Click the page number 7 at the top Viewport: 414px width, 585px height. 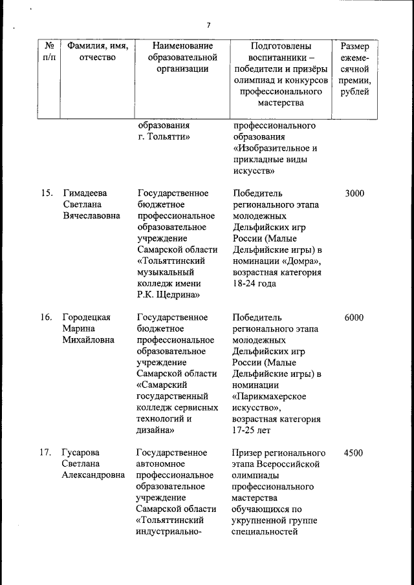pos(208,25)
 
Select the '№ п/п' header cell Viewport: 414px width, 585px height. pos(49,52)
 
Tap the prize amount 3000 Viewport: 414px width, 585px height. pos(354,193)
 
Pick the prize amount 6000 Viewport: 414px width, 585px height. pos(354,317)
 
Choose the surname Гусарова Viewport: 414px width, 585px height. pos(82,453)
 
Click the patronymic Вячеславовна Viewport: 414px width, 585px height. pos(91,216)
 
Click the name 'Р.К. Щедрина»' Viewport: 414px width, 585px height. pos(167,295)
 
